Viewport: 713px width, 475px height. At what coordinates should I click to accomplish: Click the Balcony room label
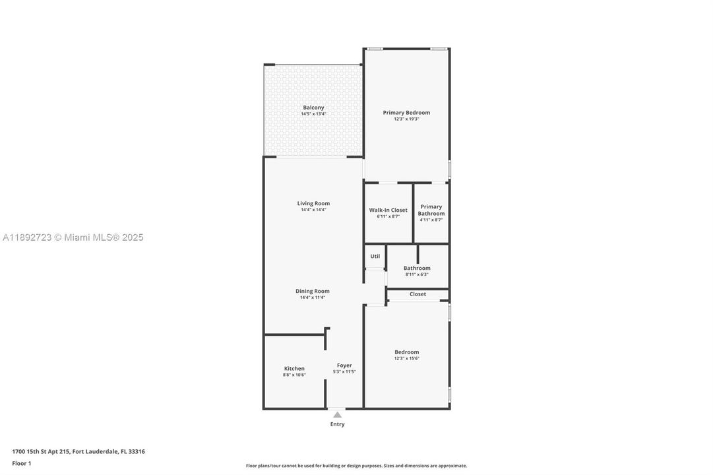pos(313,108)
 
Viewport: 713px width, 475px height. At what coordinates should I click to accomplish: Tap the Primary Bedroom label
pos(406,113)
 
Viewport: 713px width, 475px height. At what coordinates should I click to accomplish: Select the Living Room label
pos(313,203)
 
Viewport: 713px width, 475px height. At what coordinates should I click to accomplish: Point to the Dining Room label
pos(313,291)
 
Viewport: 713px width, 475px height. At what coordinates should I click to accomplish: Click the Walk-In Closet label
pos(388,210)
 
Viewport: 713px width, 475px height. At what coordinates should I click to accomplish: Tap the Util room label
pos(375,256)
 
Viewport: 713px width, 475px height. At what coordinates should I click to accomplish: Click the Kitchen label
pos(294,368)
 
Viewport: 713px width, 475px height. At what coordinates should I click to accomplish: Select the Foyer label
pos(344,365)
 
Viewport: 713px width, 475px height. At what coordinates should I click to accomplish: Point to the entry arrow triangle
pos(338,414)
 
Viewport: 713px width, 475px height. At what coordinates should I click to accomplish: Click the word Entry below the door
pos(338,424)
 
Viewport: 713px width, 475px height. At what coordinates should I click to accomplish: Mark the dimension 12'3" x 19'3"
pos(406,119)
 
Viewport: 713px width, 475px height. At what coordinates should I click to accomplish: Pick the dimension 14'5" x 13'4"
pos(313,114)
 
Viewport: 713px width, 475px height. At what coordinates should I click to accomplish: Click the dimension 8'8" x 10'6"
pos(294,375)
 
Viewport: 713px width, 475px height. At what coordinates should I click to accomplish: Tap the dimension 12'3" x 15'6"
pos(406,358)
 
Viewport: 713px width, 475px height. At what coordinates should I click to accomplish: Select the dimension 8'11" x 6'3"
pos(417,274)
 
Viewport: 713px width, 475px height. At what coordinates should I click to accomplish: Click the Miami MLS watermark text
pos(72,237)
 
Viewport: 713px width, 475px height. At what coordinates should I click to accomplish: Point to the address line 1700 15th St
pos(78,451)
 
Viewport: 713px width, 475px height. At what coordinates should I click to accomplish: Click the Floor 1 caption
pos(22,463)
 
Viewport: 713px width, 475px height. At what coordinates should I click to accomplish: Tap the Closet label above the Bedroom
pos(418,294)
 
